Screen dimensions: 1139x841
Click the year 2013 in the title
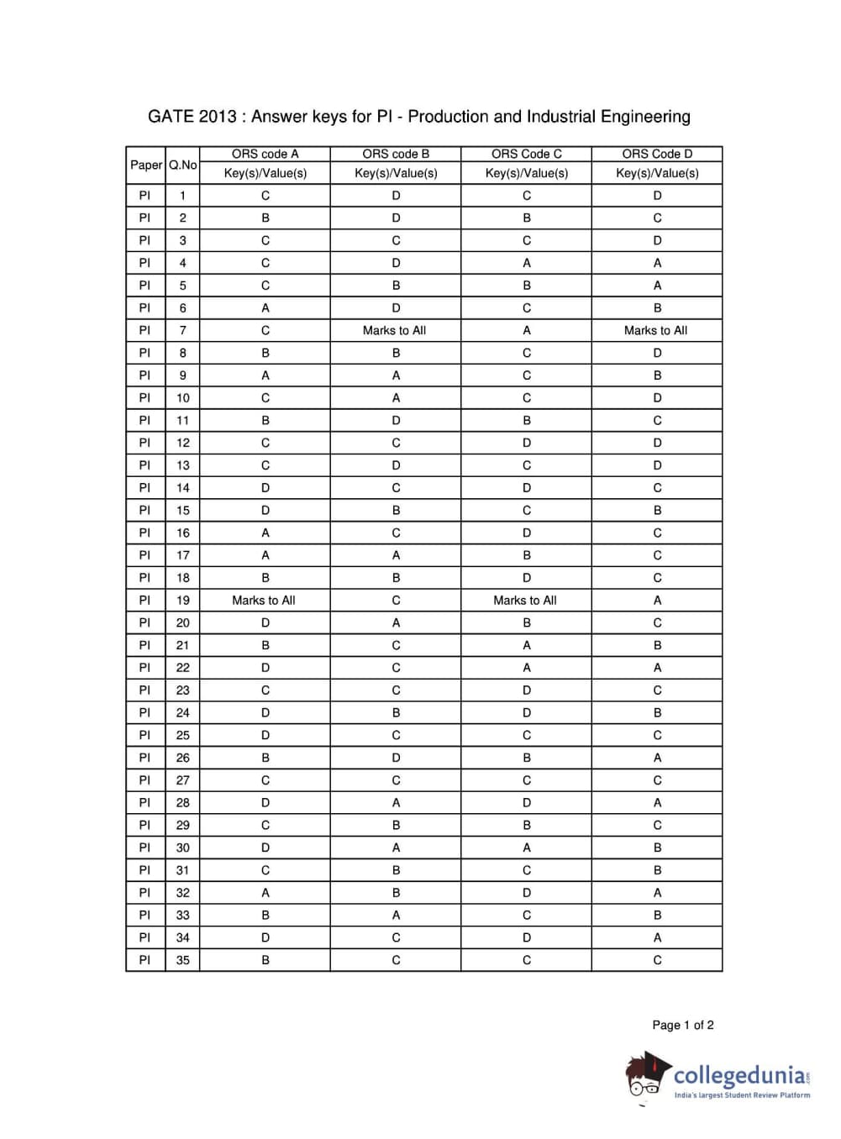tap(218, 117)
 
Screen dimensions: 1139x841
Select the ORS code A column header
tap(265, 154)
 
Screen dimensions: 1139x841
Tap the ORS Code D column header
tap(657, 154)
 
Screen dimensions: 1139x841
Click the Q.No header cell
tap(182, 165)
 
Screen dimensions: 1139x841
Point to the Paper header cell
tap(146, 165)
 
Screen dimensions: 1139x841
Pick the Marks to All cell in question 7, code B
tap(395, 330)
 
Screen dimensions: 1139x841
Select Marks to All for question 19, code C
tap(525, 600)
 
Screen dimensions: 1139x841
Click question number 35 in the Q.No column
tap(182, 960)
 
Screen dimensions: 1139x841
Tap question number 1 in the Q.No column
tap(182, 196)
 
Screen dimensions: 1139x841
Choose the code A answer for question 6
tap(265, 308)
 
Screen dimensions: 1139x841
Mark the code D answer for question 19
tap(657, 600)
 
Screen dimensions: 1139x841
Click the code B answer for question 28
tap(396, 802)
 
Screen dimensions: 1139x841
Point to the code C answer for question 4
tap(527, 263)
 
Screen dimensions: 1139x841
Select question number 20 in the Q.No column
tap(182, 622)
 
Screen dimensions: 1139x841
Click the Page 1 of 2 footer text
tap(683, 1025)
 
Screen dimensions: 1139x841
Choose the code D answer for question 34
tap(657, 937)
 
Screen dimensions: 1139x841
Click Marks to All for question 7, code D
tap(655, 330)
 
